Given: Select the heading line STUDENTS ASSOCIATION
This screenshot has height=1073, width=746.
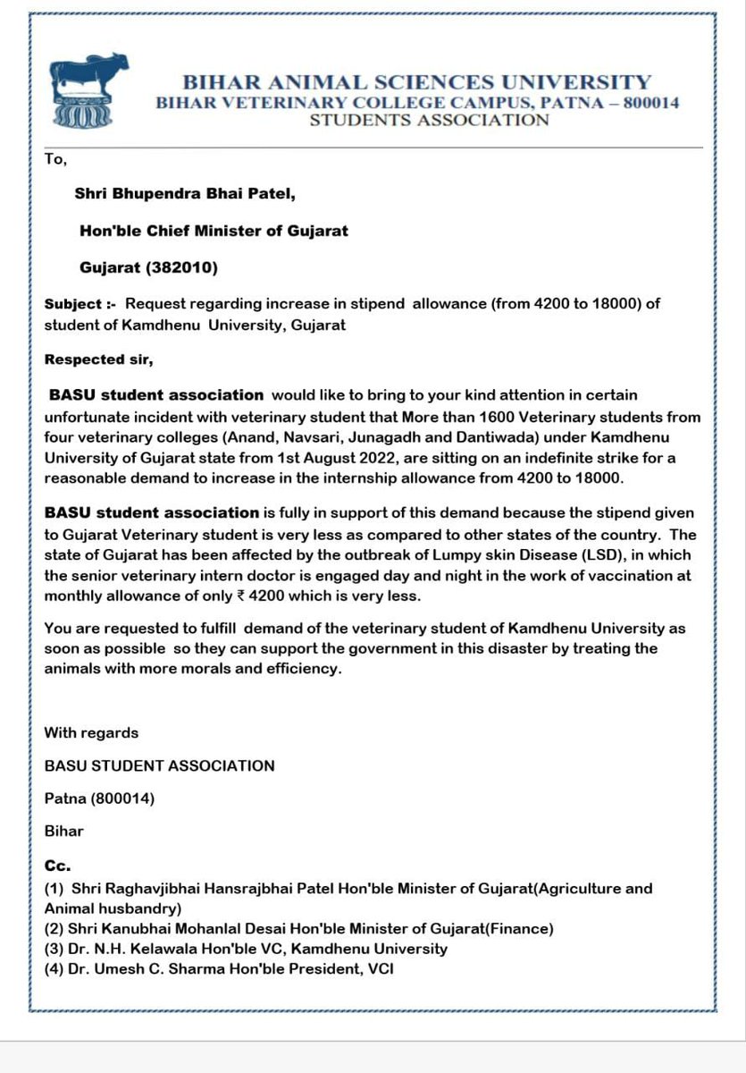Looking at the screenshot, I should (429, 120).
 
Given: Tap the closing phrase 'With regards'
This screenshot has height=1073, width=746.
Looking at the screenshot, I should (91, 732).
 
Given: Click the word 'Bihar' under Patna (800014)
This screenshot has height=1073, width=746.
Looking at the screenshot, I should (63, 831).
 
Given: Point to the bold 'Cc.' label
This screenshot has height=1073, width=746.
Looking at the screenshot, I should (57, 866).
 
